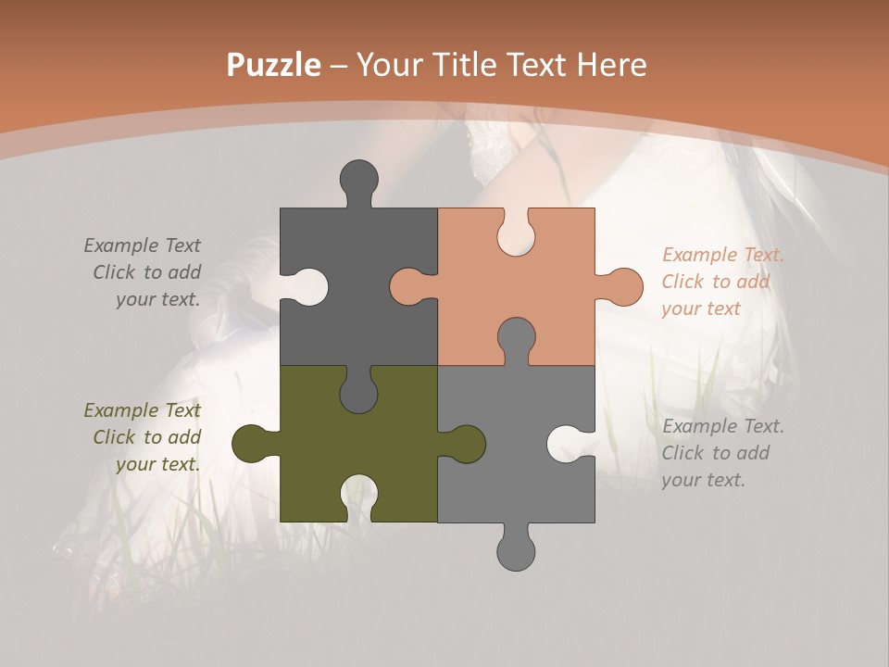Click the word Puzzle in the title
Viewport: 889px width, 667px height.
(274, 65)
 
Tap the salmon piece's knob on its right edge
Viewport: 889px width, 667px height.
(622, 286)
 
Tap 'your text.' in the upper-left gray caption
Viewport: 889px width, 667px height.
(157, 299)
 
